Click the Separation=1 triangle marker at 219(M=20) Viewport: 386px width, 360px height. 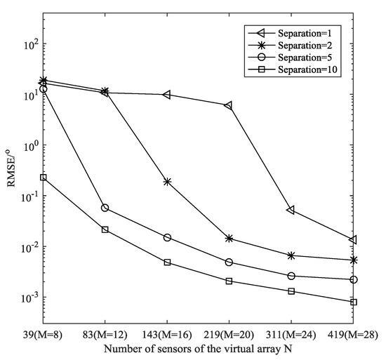coord(228,105)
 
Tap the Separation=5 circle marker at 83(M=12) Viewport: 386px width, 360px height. coord(105,208)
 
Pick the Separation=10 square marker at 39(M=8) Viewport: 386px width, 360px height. coord(44,178)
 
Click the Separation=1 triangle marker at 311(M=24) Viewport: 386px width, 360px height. coord(291,210)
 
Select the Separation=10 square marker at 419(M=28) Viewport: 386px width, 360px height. coord(353,302)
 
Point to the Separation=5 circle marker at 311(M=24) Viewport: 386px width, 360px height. coord(291,276)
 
